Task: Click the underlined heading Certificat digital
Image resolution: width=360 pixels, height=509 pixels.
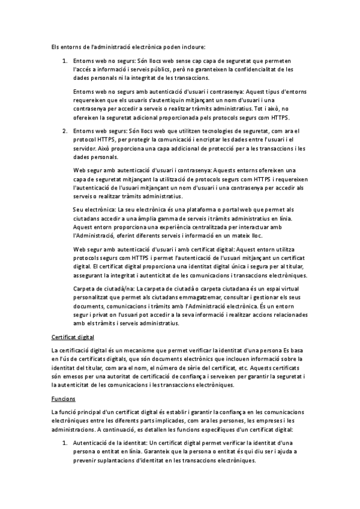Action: [72, 338]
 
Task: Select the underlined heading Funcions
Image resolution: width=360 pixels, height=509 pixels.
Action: [62, 397]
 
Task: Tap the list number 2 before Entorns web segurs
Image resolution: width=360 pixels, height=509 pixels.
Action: [65, 130]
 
